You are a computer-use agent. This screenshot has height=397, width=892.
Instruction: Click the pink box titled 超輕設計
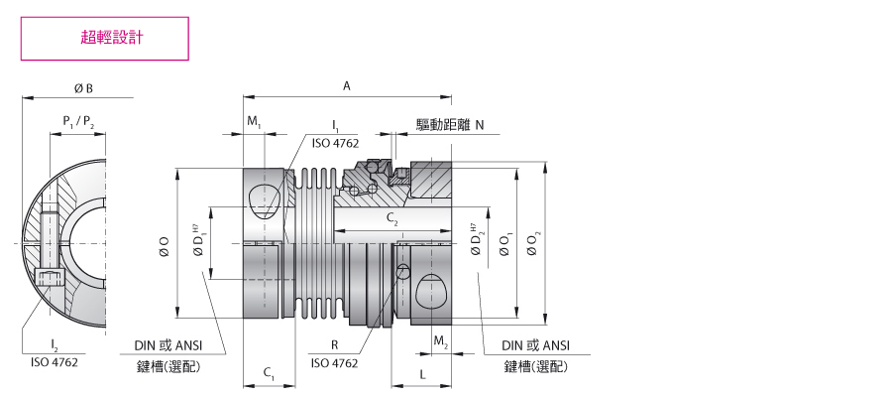(105, 38)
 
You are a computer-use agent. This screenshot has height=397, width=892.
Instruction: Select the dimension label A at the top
(347, 86)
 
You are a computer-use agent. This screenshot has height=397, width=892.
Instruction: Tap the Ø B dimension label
(83, 88)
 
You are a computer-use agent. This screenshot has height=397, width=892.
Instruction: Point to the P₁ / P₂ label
(78, 121)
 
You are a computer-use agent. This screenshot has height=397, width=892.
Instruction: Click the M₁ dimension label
(254, 121)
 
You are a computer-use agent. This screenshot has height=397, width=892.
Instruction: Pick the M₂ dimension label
(441, 341)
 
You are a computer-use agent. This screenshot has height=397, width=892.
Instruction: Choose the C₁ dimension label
(269, 373)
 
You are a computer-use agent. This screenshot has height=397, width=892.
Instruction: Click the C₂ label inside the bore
(391, 217)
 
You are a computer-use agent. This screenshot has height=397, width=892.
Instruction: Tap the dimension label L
(422, 374)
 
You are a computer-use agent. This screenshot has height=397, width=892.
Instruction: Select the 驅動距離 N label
(450, 125)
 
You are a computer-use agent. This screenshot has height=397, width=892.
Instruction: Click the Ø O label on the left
(165, 246)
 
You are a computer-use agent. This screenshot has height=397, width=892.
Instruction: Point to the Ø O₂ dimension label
(533, 244)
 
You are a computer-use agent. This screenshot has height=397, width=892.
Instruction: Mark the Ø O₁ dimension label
(505, 244)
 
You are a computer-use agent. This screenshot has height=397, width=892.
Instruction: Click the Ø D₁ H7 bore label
(197, 241)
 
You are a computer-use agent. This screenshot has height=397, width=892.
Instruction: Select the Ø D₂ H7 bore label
(476, 240)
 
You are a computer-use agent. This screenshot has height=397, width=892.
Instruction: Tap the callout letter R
(335, 344)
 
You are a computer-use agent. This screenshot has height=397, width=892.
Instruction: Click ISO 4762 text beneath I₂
(55, 362)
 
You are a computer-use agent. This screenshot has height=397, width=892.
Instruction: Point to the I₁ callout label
(336, 124)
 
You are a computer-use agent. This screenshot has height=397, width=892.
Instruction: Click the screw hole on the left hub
(266, 201)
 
